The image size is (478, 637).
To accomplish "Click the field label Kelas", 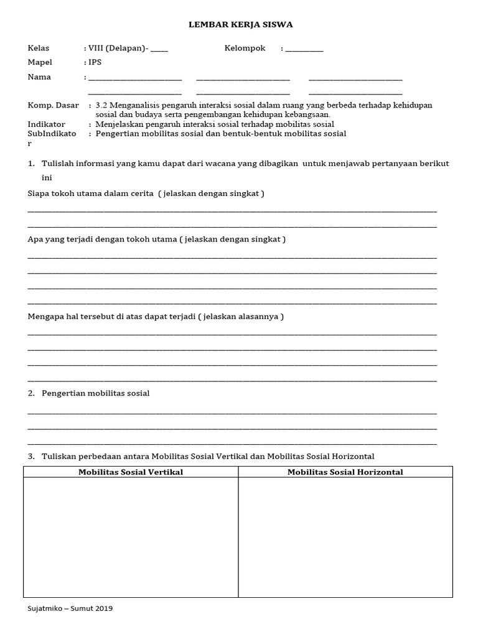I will click(x=39, y=49).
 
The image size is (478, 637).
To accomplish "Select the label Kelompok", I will click(x=245, y=49).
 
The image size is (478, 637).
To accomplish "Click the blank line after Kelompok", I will click(x=304, y=50).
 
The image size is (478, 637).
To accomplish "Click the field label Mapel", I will click(x=40, y=63).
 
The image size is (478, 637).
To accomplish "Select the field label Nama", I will click(x=40, y=77).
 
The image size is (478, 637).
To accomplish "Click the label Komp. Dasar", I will click(x=54, y=106).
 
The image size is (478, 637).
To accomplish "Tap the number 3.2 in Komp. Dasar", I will click(x=102, y=106).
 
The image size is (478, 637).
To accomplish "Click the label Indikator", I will click(x=47, y=124).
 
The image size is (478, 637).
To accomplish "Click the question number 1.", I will click(x=31, y=164).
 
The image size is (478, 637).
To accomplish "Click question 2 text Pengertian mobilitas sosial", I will click(x=95, y=394).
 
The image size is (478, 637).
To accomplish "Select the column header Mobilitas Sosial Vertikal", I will click(x=131, y=472).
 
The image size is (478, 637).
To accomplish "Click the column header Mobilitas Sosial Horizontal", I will click(x=345, y=472).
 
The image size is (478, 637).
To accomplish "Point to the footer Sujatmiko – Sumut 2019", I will click(x=70, y=608).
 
